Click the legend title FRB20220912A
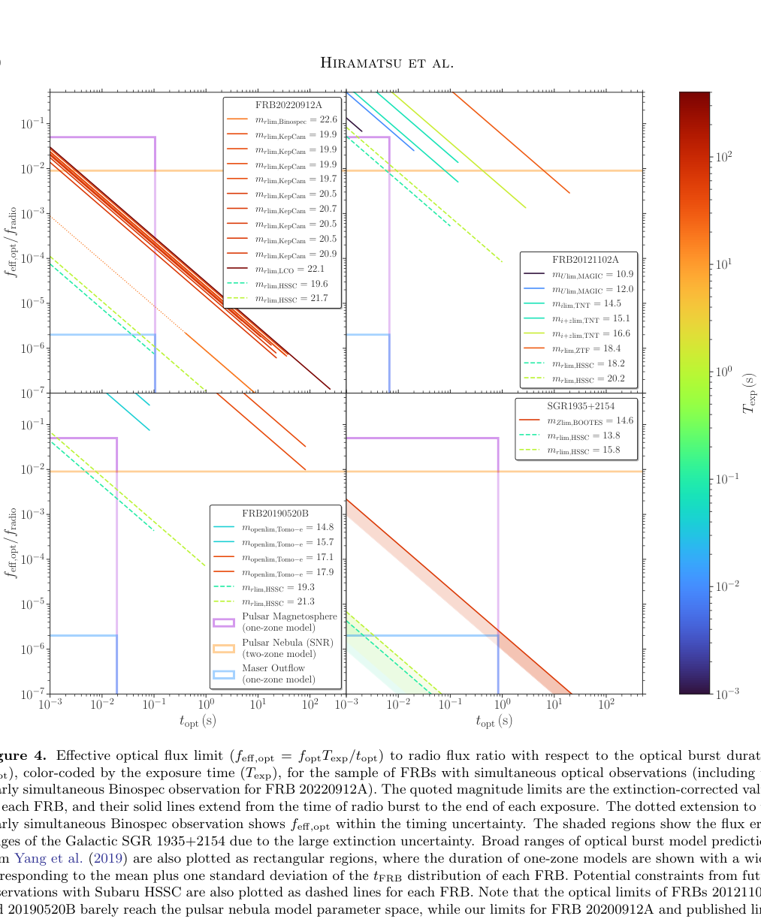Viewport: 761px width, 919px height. tap(282, 104)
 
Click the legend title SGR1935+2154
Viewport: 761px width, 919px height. tap(576, 406)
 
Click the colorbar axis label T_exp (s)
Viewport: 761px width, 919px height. tap(748, 393)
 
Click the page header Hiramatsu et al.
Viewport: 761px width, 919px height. tap(387, 62)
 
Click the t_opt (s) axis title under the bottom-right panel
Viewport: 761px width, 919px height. tap(494, 721)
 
